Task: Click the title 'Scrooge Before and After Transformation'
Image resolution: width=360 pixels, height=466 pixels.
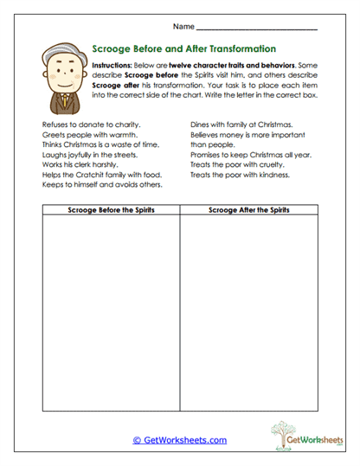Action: point(183,49)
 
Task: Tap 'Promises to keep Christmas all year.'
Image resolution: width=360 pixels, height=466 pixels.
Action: point(251,155)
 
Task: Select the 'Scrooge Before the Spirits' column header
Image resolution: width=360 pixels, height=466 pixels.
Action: point(110,210)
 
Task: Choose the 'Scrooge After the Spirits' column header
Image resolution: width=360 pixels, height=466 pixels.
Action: point(248,210)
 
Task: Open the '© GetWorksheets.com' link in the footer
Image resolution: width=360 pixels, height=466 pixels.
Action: point(179,440)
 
